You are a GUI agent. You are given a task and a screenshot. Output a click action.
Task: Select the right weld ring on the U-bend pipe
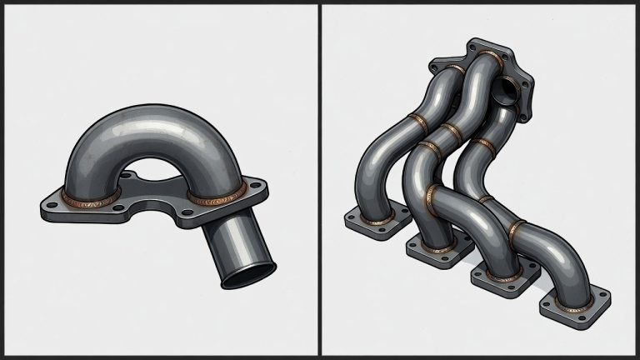217,197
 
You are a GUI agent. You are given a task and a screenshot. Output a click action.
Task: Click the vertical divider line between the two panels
319,180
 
